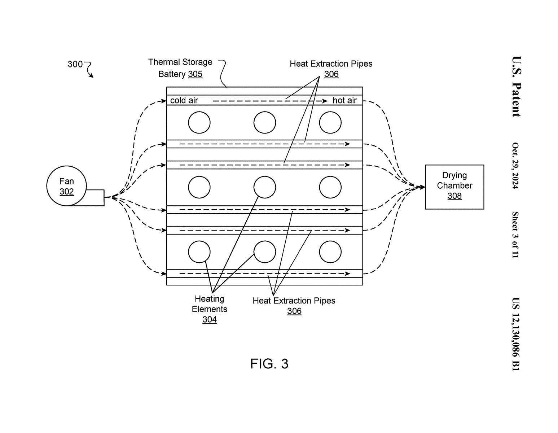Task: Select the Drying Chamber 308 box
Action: pos(454,187)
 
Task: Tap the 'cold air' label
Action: pos(184,100)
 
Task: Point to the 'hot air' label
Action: pos(344,100)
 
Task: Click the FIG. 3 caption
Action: pos(269,364)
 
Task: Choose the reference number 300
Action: pos(75,64)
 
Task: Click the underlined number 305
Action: pos(195,74)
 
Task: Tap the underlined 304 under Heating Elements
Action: pos(210,319)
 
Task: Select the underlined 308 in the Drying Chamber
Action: pos(454,196)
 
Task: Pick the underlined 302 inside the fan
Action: pos(67,192)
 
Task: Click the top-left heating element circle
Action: pos(199,123)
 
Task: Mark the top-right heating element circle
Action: pos(330,123)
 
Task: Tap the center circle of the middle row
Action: pos(265,187)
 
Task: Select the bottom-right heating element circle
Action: pos(330,252)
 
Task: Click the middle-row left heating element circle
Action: pos(199,187)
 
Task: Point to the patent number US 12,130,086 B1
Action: pos(516,334)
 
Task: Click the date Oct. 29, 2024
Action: pos(516,166)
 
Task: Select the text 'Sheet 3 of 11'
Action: pos(516,235)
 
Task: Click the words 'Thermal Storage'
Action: pos(180,62)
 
